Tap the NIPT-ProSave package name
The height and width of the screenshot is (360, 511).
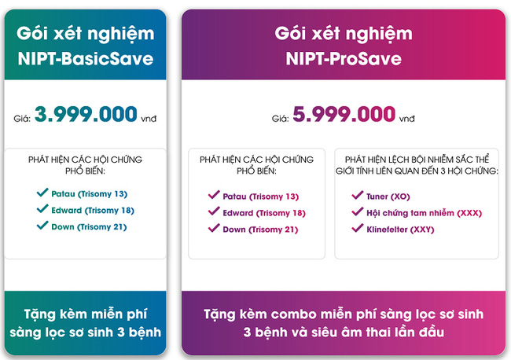tap(344, 59)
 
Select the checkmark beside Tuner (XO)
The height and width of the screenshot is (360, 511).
tap(356, 196)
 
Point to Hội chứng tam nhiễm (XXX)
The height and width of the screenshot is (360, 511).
tap(425, 213)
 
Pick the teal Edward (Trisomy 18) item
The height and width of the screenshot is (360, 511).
tap(93, 210)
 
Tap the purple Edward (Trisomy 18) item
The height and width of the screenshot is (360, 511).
tap(265, 212)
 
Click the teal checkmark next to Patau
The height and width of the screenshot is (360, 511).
tap(42, 193)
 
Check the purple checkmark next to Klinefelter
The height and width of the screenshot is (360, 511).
tap(356, 230)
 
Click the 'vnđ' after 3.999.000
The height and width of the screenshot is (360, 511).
tap(149, 119)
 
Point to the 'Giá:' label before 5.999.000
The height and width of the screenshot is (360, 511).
tap(280, 119)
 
